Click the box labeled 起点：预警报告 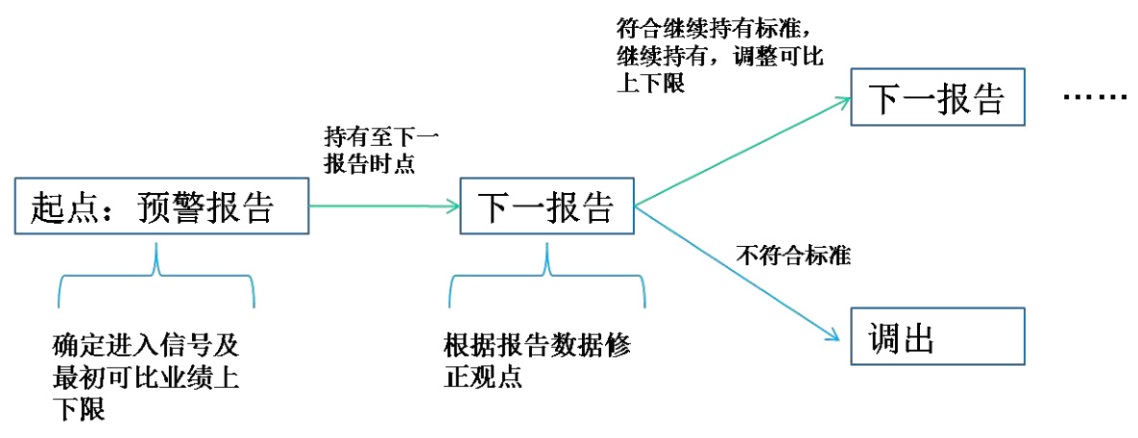click(162, 205)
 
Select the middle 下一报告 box click(546, 205)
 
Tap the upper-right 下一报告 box click(937, 97)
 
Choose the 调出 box click(937, 337)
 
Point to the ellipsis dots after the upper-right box click(1095, 99)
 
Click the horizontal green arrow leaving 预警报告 click(384, 205)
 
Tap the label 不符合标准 click(794, 256)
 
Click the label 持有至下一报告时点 click(370, 149)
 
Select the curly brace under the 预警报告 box click(157, 279)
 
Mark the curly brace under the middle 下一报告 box click(547, 279)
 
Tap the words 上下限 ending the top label click(649, 85)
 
